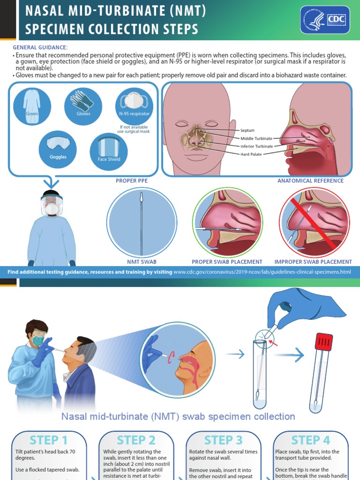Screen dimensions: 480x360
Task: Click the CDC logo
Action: click(325, 20)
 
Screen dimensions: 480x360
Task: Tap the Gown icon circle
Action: click(32, 106)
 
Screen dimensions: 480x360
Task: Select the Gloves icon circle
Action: click(83, 106)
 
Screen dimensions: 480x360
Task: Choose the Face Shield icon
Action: click(109, 152)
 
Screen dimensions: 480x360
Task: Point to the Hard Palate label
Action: click(251, 154)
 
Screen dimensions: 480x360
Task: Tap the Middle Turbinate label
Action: click(256, 138)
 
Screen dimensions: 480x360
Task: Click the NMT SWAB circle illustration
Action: click(142, 221)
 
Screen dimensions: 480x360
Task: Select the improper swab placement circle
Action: click(314, 222)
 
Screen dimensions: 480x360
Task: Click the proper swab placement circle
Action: click(227, 222)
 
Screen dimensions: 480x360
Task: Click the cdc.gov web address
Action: click(262, 272)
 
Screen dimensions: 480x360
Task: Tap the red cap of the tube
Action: click(323, 342)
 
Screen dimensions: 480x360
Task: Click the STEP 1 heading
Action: click(49, 440)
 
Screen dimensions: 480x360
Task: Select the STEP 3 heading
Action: click(224, 440)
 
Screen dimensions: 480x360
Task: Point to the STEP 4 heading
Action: click(310, 440)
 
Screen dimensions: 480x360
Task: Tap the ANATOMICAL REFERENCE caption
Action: click(310, 180)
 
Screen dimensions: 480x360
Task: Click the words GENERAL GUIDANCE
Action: click(40, 47)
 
